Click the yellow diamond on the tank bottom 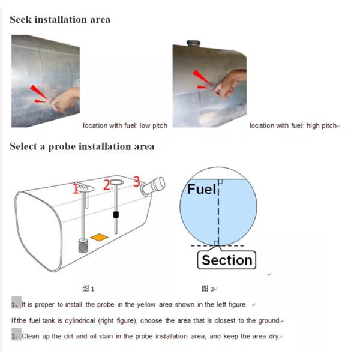tap(99, 238)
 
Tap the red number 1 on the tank tap(76, 188)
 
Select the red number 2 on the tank tap(107, 185)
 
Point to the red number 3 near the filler tap(137, 182)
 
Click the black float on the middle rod tap(116, 215)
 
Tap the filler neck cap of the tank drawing tap(154, 186)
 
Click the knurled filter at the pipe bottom tap(83, 245)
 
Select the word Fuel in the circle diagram tap(202, 189)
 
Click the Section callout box tap(227, 260)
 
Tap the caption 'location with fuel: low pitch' tap(125, 125)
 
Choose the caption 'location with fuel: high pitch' tap(293, 125)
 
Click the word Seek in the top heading tap(20, 19)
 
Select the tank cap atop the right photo tap(193, 43)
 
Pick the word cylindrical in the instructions tap(80, 321)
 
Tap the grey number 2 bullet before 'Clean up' tap(16, 334)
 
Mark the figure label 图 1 tap(88, 289)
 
